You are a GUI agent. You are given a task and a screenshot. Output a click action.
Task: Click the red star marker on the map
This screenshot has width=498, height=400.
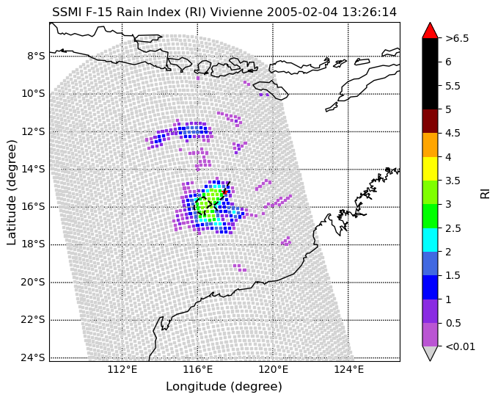(x=225, y=192)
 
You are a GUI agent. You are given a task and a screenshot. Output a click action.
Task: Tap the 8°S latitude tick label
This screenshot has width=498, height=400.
(x=36, y=57)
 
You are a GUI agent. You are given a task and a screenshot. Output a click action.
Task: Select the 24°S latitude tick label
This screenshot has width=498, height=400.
(x=33, y=357)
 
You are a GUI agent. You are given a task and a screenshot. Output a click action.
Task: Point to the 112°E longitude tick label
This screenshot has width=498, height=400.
(x=122, y=369)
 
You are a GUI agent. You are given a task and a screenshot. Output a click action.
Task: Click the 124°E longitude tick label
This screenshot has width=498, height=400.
(x=348, y=369)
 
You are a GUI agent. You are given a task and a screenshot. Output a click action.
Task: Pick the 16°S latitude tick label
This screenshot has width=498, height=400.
(x=33, y=207)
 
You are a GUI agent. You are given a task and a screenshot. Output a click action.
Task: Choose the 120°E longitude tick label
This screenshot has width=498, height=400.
(x=273, y=369)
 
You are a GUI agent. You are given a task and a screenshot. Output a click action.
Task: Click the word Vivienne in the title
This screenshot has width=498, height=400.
(x=237, y=12)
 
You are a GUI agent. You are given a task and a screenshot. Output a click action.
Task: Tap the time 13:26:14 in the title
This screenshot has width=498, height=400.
(x=370, y=12)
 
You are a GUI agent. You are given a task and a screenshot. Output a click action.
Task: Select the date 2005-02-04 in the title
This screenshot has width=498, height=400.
(x=303, y=12)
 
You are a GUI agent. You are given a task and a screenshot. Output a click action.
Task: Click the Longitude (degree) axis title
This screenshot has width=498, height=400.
(x=224, y=387)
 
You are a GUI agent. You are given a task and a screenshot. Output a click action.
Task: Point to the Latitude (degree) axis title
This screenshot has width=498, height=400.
(x=12, y=192)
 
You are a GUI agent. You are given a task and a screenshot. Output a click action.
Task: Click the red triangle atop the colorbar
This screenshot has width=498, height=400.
(x=430, y=31)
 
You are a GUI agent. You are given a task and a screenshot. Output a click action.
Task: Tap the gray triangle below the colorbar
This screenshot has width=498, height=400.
(x=430, y=353)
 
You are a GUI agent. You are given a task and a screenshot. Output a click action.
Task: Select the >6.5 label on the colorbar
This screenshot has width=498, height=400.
(x=457, y=38)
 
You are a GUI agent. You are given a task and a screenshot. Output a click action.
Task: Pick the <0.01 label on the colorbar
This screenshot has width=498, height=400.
(x=460, y=346)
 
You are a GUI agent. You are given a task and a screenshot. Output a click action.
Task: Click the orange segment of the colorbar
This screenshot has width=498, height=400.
(x=430, y=145)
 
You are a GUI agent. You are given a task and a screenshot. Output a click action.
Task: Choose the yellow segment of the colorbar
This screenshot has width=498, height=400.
(x=430, y=169)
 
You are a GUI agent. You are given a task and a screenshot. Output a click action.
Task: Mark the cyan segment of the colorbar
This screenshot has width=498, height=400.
(x=430, y=240)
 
